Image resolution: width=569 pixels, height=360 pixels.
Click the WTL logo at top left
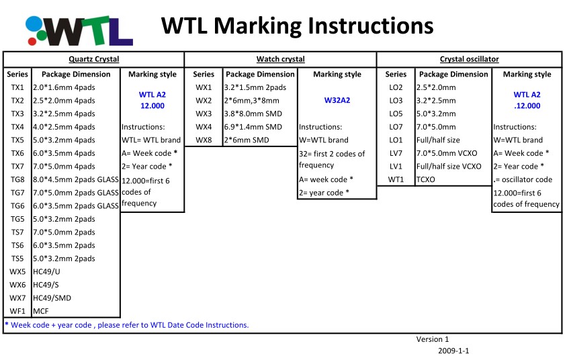[79, 31]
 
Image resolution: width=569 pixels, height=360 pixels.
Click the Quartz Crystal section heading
[94, 59]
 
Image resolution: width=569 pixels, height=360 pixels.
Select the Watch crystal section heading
[281, 59]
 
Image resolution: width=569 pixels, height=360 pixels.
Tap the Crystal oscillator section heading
[469, 59]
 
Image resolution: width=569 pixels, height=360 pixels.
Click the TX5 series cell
[17, 140]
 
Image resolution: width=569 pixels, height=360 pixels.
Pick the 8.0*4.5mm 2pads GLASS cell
[76, 179]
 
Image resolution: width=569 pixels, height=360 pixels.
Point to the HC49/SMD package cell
[52, 298]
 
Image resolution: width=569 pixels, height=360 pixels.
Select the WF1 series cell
[17, 311]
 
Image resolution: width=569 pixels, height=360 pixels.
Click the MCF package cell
[40, 311]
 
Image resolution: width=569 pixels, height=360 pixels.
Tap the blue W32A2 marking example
[337, 100]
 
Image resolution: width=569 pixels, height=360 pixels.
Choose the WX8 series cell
[204, 140]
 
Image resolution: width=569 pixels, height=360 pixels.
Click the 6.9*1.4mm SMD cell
[253, 127]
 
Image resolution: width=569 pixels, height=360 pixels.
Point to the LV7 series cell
[396, 153]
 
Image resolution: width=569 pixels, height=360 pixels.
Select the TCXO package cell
[426, 179]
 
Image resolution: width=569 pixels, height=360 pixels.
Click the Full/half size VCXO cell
[449, 166]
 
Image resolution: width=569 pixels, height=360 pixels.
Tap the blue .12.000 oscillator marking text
[527, 106]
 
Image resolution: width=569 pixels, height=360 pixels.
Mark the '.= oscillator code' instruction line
[523, 179]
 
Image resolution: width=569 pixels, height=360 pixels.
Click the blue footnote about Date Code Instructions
[127, 325]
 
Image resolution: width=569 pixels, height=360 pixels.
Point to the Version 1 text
[433, 339]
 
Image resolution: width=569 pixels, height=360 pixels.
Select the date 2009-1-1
[453, 351]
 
